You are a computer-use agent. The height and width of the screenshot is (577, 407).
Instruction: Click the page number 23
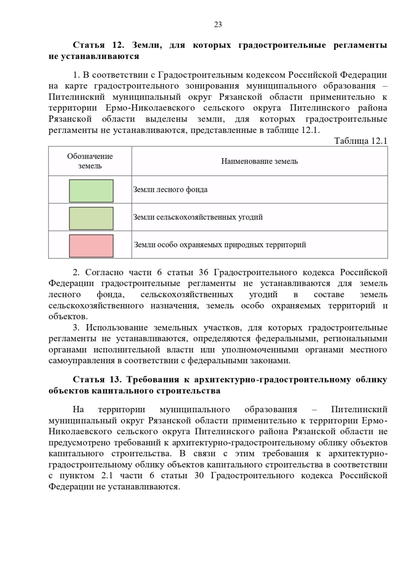click(218, 24)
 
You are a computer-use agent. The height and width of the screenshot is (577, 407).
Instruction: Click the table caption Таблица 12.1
click(361, 141)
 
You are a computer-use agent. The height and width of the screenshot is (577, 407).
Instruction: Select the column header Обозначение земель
click(90, 161)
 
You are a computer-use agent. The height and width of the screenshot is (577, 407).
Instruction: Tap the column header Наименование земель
click(259, 161)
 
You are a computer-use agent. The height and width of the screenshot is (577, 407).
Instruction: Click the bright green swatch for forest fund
click(91, 191)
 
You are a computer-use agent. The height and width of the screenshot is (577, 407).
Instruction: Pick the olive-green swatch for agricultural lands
click(91, 218)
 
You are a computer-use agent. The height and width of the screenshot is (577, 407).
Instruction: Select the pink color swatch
click(91, 246)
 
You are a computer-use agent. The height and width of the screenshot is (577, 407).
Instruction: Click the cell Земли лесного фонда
click(170, 190)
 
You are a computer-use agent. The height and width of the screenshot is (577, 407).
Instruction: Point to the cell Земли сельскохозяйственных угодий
click(198, 217)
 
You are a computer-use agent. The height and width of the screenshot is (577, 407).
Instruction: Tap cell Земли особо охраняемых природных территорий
click(220, 245)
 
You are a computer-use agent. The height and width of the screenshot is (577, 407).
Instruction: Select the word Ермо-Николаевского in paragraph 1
click(150, 108)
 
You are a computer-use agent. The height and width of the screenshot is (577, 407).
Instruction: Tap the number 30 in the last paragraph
click(199, 476)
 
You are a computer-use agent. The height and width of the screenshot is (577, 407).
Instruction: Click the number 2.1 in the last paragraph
click(107, 476)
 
